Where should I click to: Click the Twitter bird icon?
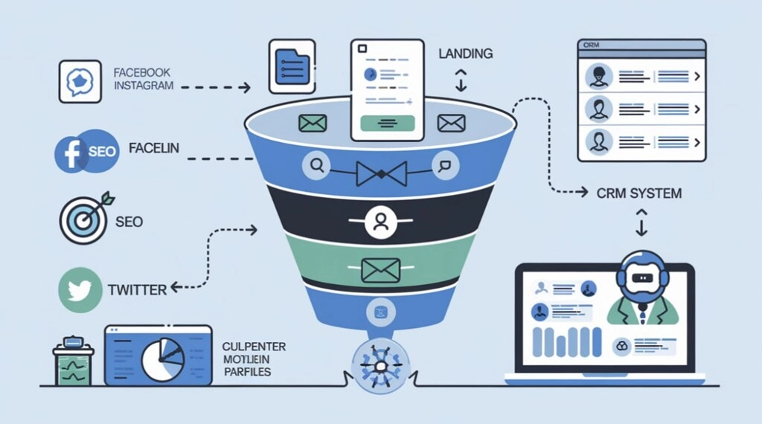click(x=79, y=291)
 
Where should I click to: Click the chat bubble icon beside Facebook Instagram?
click(x=80, y=81)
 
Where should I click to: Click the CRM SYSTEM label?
click(x=638, y=193)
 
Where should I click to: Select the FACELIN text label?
click(x=153, y=149)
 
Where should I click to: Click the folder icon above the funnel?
click(x=292, y=67)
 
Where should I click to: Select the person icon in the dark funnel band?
click(x=380, y=222)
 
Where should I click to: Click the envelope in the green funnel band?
click(x=380, y=269)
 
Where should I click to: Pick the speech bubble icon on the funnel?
click(x=445, y=167)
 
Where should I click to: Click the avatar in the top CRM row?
click(x=599, y=75)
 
